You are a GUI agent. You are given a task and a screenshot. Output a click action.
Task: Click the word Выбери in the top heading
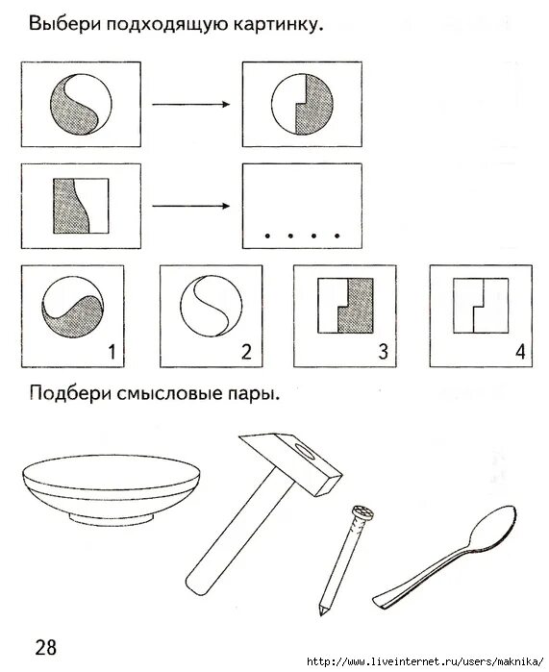(x=62, y=23)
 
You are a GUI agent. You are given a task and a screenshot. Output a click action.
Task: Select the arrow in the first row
(x=192, y=105)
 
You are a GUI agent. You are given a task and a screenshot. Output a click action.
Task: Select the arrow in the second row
(x=192, y=205)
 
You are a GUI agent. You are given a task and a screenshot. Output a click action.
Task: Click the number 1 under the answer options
(x=111, y=353)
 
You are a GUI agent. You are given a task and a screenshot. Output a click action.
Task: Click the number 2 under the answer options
(x=246, y=353)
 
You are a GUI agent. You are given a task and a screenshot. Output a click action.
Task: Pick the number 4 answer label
(x=520, y=353)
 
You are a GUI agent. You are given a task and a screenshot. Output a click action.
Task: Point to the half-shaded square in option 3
(x=345, y=307)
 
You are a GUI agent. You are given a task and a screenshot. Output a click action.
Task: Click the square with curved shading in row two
(x=79, y=205)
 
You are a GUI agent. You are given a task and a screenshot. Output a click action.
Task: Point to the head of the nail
(x=361, y=512)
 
